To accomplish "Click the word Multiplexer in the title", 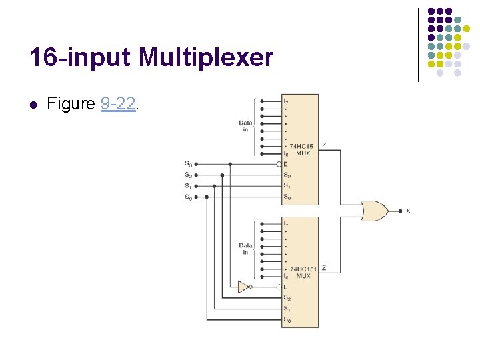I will click(206, 58).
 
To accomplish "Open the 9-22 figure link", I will click(118, 104).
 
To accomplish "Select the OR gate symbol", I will click(374, 211).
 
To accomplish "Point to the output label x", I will click(408, 211).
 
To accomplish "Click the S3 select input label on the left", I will click(188, 164).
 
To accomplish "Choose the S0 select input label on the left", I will click(188, 197).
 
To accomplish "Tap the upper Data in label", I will click(246, 125).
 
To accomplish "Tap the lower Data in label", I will click(246, 249).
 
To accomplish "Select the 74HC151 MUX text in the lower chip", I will click(303, 272).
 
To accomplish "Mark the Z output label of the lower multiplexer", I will click(324, 268).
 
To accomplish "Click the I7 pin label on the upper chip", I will click(286, 101).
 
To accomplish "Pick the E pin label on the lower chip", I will click(285, 287).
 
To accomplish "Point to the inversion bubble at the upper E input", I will click(279, 164).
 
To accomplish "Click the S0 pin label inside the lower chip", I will click(287, 320).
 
